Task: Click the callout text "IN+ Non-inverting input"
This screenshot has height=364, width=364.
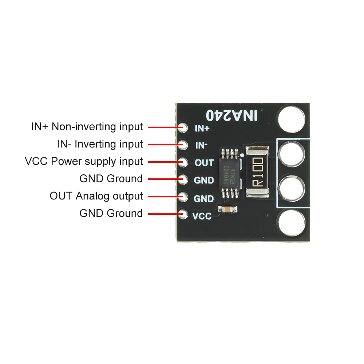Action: [87, 127]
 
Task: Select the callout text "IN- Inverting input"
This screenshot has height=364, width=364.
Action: [100, 144]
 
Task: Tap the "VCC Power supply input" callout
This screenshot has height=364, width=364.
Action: [84, 161]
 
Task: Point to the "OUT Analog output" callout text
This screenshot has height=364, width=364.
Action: [96, 196]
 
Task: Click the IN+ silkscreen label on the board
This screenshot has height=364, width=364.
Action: [202, 128]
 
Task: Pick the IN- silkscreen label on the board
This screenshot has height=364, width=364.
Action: [202, 146]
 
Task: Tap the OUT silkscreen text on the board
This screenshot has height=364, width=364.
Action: [204, 163]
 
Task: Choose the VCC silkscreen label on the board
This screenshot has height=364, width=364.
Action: [202, 216]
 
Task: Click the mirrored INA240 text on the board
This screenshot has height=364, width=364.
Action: [232, 116]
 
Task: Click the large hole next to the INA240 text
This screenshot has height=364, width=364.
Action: [291, 118]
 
